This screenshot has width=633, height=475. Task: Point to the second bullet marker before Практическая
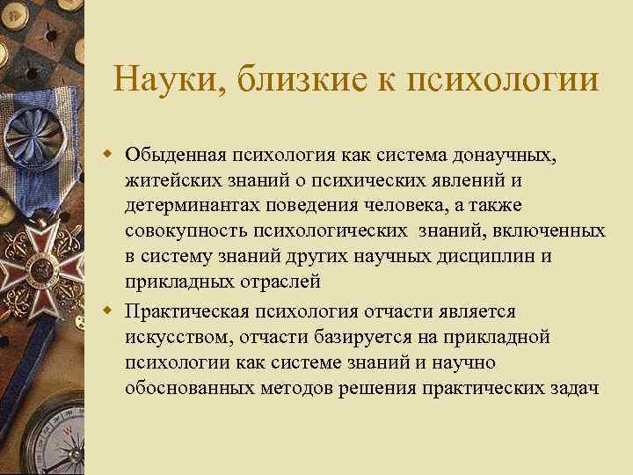[111, 311]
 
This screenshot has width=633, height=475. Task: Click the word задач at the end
[577, 388]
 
